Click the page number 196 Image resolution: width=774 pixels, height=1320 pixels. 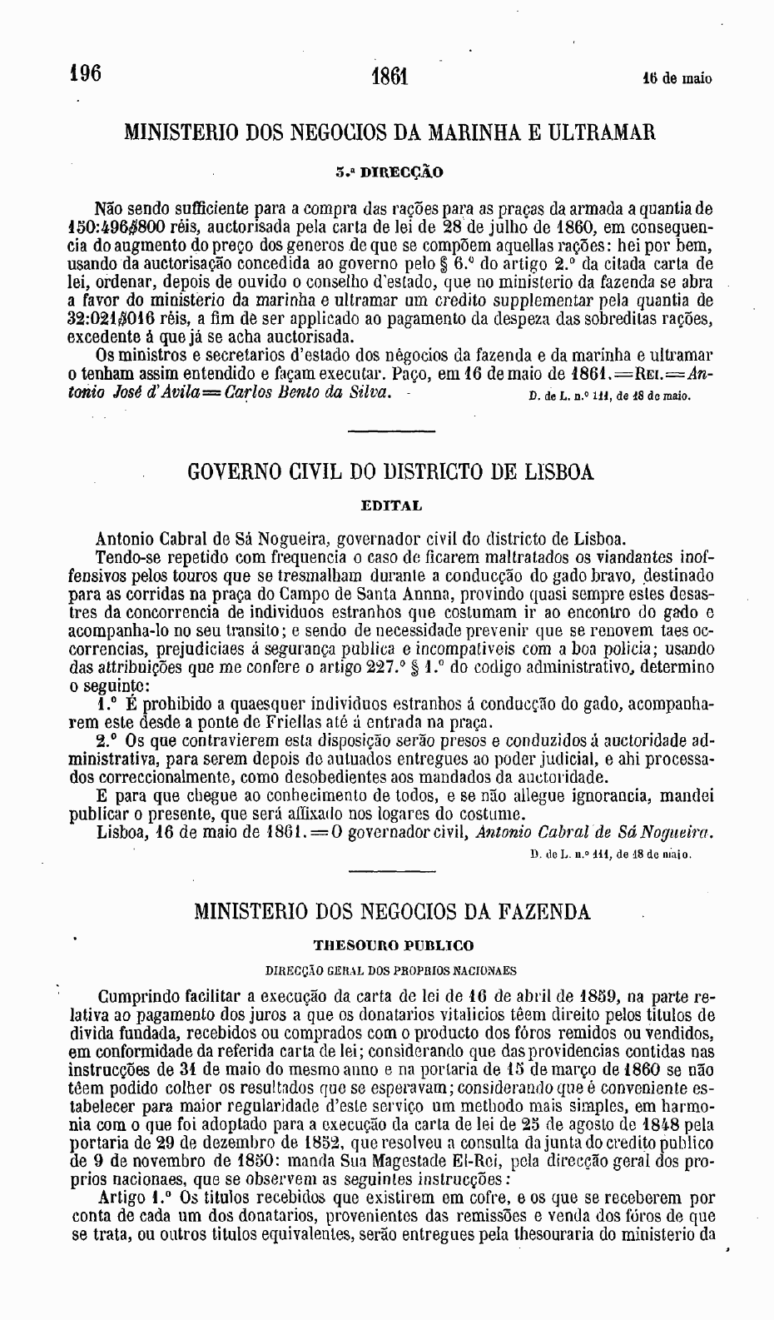[x=85, y=73]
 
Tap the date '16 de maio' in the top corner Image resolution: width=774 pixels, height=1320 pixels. [x=677, y=80]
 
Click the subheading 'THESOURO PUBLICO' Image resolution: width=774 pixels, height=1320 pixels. [x=393, y=945]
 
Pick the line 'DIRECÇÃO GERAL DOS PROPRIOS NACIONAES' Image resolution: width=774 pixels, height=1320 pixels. [x=390, y=970]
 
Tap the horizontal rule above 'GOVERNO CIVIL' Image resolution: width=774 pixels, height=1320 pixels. [x=389, y=431]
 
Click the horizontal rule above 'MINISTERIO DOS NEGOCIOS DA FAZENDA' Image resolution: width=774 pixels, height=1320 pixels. [x=389, y=871]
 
